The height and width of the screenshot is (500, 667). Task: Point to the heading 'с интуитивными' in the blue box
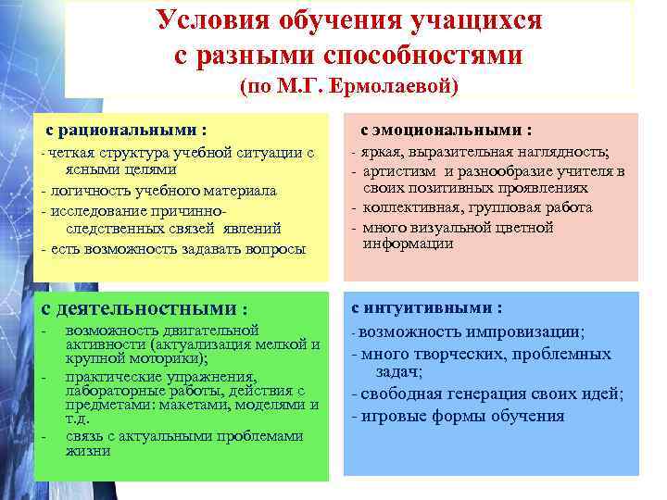click(427, 307)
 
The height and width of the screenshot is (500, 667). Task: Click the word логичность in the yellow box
click(88, 190)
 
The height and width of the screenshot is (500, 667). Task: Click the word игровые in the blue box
click(395, 416)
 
